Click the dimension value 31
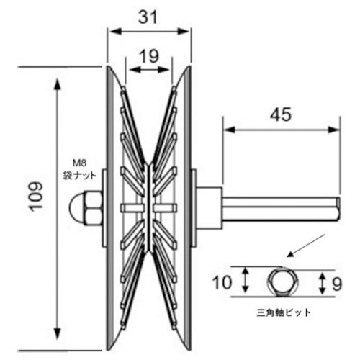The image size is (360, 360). [148, 17]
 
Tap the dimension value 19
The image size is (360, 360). [149, 56]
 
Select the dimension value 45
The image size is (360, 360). [281, 114]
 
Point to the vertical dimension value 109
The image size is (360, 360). [36, 197]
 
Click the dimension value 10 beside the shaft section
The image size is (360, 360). [222, 282]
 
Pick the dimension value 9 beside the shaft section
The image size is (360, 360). [337, 284]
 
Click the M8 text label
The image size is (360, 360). [79, 163]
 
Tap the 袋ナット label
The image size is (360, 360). [79, 176]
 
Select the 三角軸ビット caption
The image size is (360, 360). [283, 312]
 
